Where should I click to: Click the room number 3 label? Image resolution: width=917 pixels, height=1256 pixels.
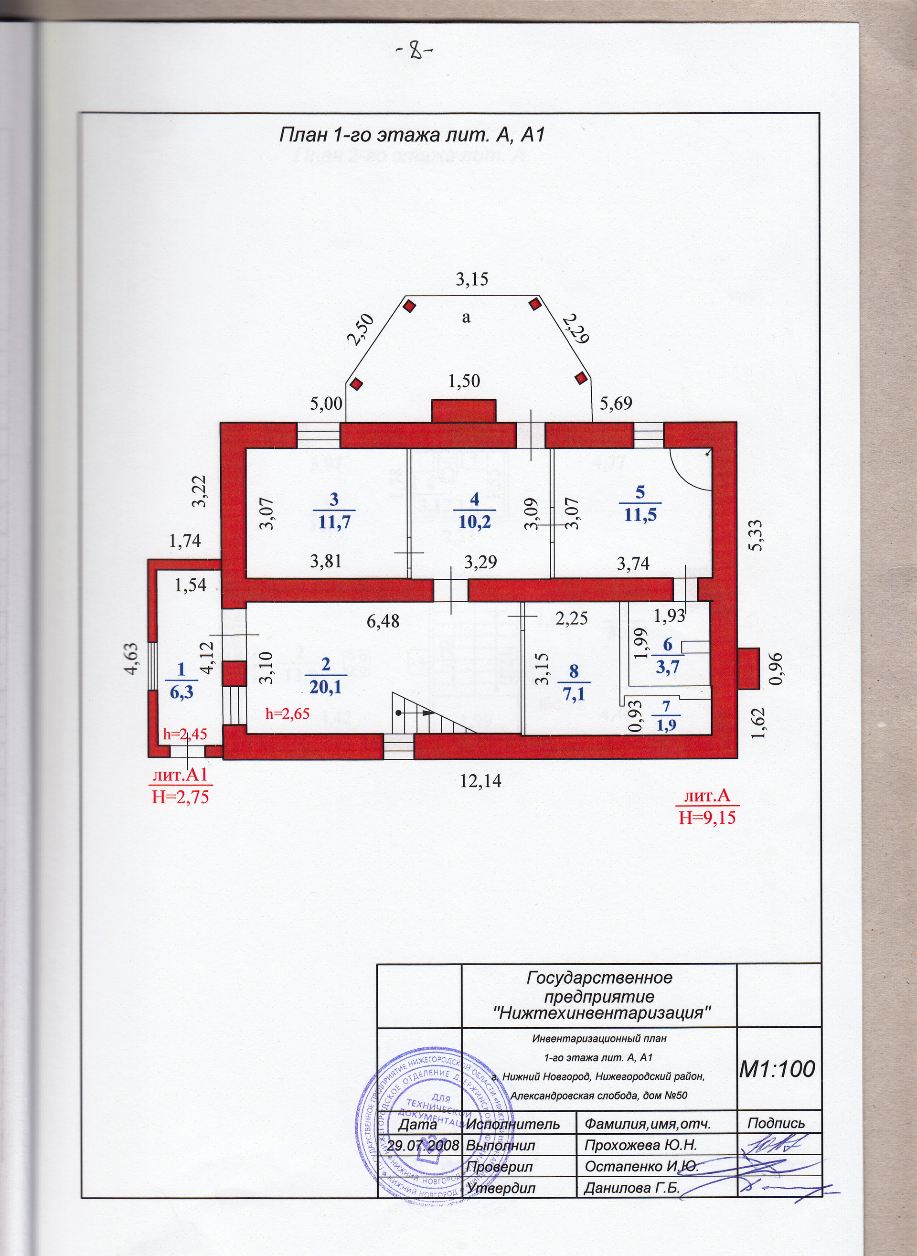tap(333, 499)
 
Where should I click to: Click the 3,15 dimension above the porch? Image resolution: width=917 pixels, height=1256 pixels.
tap(472, 279)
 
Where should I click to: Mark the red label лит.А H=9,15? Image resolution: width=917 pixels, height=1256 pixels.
tap(707, 807)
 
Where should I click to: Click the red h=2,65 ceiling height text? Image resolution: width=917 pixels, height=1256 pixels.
tap(287, 714)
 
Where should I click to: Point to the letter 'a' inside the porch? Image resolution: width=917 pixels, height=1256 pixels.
tap(466, 318)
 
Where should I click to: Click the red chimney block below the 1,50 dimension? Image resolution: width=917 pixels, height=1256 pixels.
tap(463, 411)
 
